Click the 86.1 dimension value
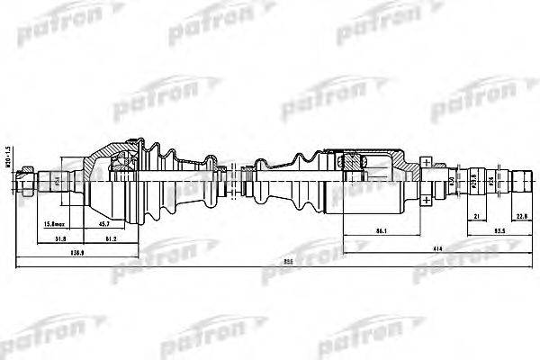(382, 231)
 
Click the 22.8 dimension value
(521, 216)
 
